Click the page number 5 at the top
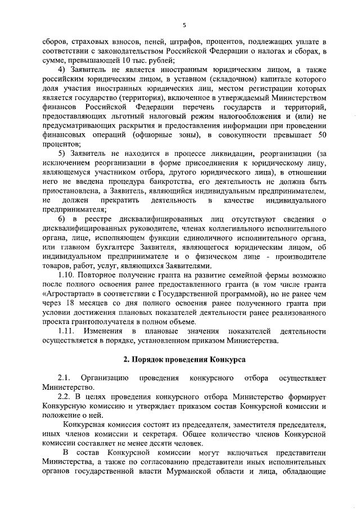(x=184, y=25)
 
